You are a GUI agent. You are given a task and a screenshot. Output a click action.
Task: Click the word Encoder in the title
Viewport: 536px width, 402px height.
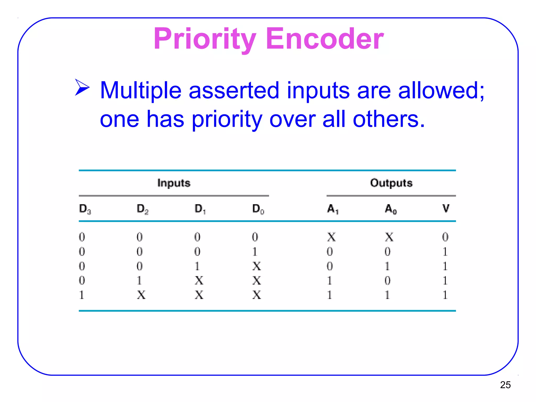pyautogui.click(x=325, y=39)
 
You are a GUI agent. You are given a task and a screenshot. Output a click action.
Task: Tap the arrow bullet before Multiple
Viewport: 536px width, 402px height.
pyautogui.click(x=82, y=87)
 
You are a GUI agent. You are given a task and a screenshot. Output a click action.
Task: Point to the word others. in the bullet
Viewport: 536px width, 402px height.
pyautogui.click(x=389, y=119)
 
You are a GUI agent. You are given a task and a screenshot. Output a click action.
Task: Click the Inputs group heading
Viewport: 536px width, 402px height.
pyautogui.click(x=174, y=183)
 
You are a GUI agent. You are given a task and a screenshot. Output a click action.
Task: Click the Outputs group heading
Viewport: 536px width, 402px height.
pyautogui.click(x=391, y=183)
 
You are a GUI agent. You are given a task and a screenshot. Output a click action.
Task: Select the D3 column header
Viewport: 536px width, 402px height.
pyautogui.click(x=85, y=209)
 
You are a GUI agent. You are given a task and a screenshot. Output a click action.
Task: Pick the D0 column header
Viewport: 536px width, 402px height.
pyautogui.click(x=258, y=209)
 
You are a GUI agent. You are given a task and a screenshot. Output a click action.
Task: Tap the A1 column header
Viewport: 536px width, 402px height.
pyautogui.click(x=333, y=209)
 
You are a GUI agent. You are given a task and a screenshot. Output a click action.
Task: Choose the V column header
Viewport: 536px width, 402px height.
pyautogui.click(x=446, y=209)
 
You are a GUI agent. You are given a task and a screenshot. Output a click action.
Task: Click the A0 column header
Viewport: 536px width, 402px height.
pyautogui.click(x=390, y=209)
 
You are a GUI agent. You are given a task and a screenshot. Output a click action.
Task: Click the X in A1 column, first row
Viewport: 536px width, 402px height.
pyautogui.click(x=331, y=237)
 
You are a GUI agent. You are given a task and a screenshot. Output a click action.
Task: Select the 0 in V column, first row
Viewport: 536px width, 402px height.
pyautogui.click(x=445, y=237)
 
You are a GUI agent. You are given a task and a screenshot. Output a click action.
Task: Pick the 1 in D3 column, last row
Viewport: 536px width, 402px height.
pyautogui.click(x=82, y=295)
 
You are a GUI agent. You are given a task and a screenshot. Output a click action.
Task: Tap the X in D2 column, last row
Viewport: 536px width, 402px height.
pyautogui.click(x=141, y=295)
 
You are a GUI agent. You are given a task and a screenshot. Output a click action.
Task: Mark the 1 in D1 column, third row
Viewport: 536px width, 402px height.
pyautogui.click(x=197, y=266)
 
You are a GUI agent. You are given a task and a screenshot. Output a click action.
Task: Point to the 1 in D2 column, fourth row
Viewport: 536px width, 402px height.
pyautogui.click(x=139, y=281)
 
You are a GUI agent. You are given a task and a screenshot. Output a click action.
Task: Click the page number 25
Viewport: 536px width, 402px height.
pyautogui.click(x=505, y=385)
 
